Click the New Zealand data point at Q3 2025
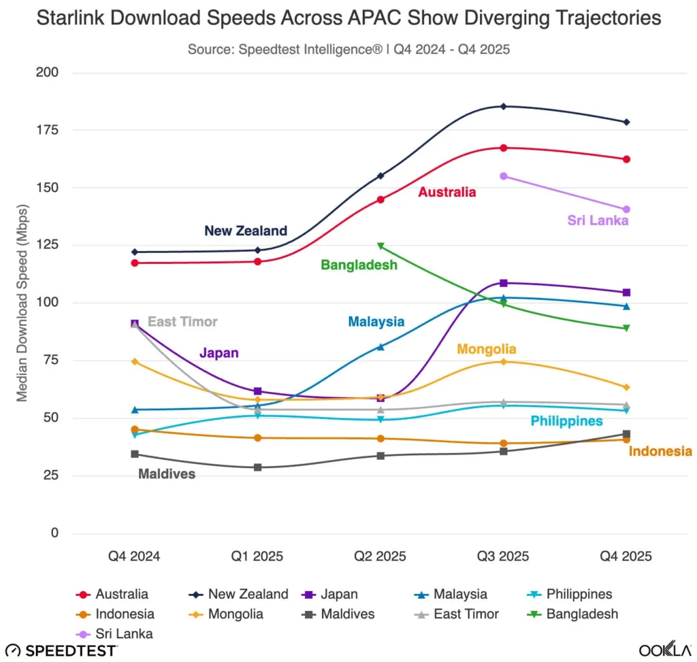[x=503, y=106]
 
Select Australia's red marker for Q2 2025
[x=380, y=199]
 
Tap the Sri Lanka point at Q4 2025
[x=626, y=210]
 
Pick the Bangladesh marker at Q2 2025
[x=380, y=246]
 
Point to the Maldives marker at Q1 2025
[x=258, y=467]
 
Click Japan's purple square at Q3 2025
[x=503, y=283]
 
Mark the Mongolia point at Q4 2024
[x=135, y=361]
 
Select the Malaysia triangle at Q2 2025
[x=380, y=347]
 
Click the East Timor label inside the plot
[x=182, y=322]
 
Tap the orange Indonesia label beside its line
[x=660, y=451]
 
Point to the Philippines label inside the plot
[x=566, y=421]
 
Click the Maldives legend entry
[x=339, y=614]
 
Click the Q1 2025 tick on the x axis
[x=258, y=556]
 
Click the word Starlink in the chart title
[x=72, y=18]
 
